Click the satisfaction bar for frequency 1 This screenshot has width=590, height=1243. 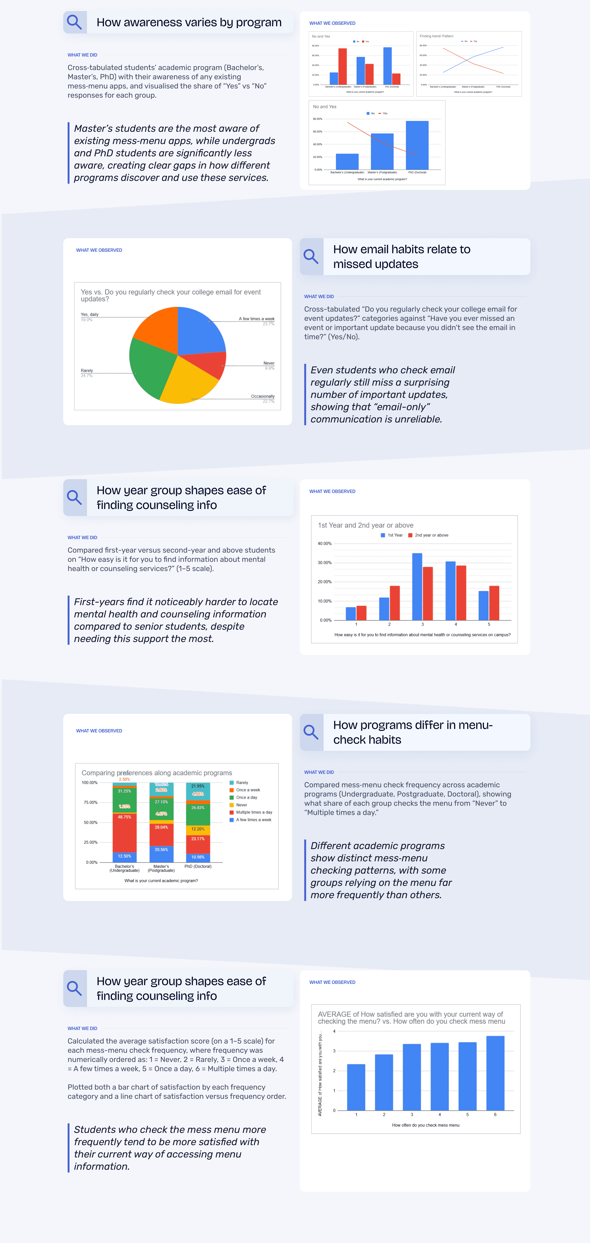356,1087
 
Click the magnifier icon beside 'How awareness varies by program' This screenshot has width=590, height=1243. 74,22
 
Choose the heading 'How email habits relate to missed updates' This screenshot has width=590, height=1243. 402,256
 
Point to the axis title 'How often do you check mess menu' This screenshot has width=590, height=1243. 425,1125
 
